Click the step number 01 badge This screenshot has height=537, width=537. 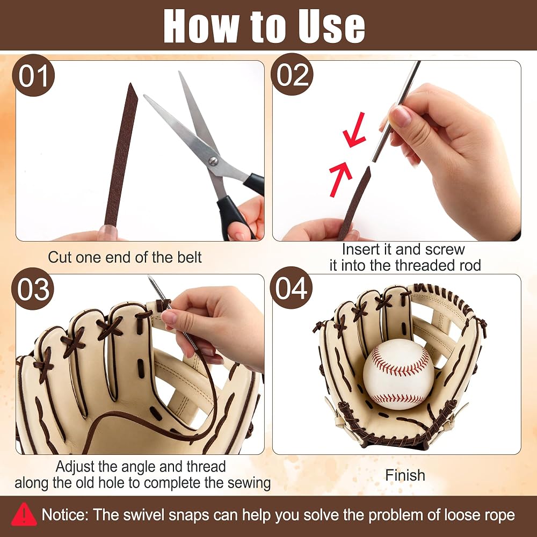(x=33, y=75)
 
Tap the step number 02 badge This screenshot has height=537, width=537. (x=292, y=74)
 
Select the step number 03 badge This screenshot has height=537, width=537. (x=33, y=289)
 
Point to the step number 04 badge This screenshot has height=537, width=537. (x=291, y=288)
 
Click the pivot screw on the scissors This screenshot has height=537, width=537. (x=213, y=161)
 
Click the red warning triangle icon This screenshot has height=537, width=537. (x=24, y=515)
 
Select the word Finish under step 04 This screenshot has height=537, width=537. (x=405, y=475)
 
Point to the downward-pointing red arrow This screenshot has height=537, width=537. (x=354, y=130)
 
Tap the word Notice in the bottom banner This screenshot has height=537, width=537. (x=65, y=515)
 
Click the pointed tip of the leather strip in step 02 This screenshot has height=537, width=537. (x=369, y=168)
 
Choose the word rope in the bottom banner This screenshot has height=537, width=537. (x=500, y=516)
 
